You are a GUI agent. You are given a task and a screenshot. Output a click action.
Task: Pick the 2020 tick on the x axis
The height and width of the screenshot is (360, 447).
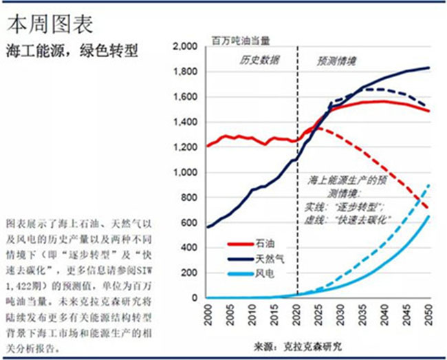point(297,314)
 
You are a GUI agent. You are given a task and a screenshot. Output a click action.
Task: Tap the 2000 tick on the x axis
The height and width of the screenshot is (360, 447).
point(207,314)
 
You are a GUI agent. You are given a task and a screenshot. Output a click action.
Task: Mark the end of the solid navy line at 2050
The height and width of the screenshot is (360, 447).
point(430,67)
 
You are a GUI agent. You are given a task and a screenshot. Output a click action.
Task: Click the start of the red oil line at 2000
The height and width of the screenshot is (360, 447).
point(208,146)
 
